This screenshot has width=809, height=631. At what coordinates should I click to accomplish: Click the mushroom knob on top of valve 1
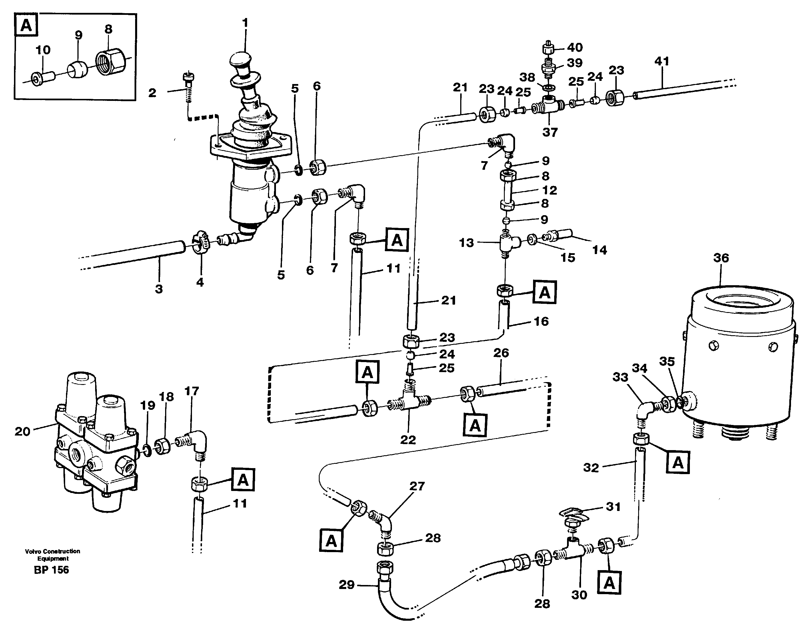pos(240,60)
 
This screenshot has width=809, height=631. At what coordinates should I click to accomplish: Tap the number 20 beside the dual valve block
pos(22,432)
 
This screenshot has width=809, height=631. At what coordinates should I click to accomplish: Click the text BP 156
pos(51,570)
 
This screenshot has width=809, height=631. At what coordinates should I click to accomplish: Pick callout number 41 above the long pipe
pos(662,61)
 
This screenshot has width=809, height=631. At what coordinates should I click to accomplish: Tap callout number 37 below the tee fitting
pos(550,132)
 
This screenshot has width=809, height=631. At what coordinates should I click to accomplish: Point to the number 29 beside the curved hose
pos(346,585)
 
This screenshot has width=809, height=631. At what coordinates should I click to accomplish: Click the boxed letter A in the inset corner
pos(26,25)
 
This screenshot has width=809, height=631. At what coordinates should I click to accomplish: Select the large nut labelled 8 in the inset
pos(111,60)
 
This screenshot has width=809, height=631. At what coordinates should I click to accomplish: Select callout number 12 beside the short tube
pos(549,190)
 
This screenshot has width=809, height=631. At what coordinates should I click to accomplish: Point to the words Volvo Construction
pos(52,551)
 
